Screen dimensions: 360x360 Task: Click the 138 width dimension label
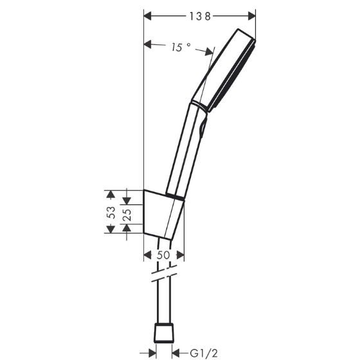click(x=200, y=16)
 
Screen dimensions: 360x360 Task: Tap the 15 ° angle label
click(x=181, y=47)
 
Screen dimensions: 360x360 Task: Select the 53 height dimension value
click(x=111, y=212)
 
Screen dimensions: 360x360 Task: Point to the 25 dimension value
click(x=127, y=215)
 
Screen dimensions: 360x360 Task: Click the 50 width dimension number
click(x=163, y=255)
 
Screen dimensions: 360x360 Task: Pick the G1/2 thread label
click(x=204, y=353)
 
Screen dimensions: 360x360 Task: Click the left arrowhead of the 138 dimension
click(x=148, y=16)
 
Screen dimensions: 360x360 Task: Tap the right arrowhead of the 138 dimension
click(x=252, y=16)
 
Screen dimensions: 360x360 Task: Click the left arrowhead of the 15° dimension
click(x=148, y=44)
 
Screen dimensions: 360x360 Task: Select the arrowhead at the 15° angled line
click(x=209, y=51)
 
